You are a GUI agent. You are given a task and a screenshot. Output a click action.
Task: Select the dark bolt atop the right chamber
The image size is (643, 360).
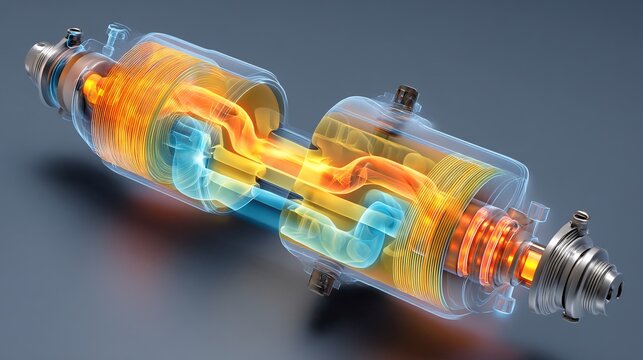[x=405, y=96]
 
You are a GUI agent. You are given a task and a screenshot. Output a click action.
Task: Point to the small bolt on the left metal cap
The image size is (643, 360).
[x=73, y=37]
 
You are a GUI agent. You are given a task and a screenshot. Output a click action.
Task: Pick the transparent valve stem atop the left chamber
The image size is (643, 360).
[x=117, y=36]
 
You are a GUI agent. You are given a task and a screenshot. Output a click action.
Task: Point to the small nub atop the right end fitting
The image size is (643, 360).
[x=581, y=218]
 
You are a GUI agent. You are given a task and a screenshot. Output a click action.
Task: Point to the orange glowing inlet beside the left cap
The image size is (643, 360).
[x=92, y=88]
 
